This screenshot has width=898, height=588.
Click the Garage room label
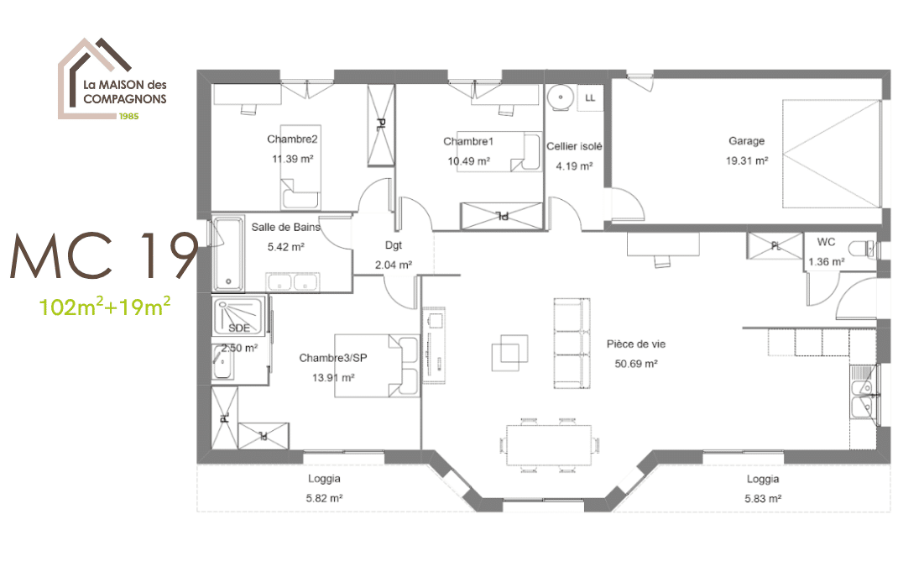[746, 141]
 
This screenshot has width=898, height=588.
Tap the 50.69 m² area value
[636, 364]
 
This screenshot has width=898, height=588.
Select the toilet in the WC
[861, 249]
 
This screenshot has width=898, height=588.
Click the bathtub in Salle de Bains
[227, 254]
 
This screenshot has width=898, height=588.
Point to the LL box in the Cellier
[590, 97]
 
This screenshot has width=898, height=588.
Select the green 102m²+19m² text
[106, 307]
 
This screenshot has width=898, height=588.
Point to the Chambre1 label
[468, 140]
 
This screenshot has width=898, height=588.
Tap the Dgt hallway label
[394, 246]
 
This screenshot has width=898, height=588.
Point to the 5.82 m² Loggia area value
[323, 498]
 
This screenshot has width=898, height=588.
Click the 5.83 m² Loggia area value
[763, 498]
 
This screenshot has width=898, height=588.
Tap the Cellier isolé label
[574, 146]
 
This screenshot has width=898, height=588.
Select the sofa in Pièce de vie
[568, 344]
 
